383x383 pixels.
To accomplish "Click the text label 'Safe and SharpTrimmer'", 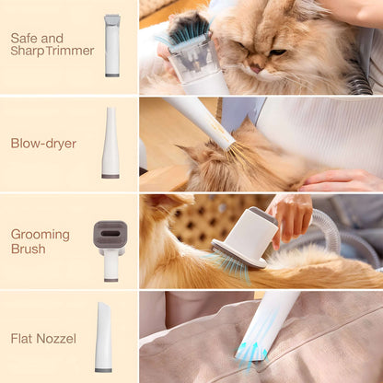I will pyautogui.click(x=52, y=44).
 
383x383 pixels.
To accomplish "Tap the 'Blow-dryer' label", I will pyautogui.click(x=43, y=143).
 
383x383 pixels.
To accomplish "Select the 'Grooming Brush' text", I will pyautogui.click(x=41, y=241).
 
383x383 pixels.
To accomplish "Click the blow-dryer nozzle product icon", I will pyautogui.click(x=110, y=143).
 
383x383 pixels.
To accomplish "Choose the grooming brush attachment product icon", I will pyautogui.click(x=110, y=244).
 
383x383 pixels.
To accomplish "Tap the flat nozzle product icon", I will pyautogui.click(x=104, y=337).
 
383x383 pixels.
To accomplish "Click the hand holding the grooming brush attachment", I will pyautogui.click(x=291, y=217).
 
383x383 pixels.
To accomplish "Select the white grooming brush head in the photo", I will pyautogui.click(x=245, y=236).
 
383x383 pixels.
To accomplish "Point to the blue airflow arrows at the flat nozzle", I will pyautogui.click(x=249, y=354).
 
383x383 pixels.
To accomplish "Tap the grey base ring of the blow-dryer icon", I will pyautogui.click(x=110, y=173).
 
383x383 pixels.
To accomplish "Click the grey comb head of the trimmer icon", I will pyautogui.click(x=112, y=19).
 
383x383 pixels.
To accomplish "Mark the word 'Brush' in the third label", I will pyautogui.click(x=28, y=249).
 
